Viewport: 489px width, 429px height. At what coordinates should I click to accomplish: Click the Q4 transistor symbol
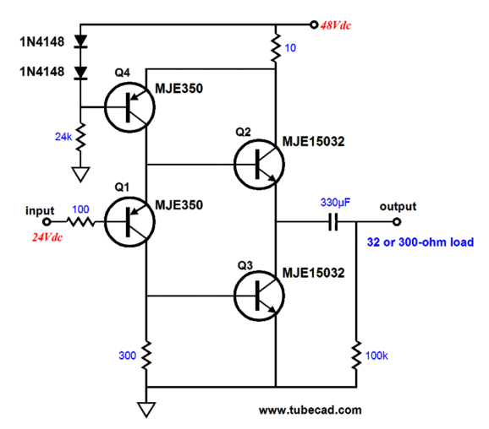(x=129, y=107)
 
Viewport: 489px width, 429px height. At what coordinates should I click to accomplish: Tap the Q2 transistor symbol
(x=259, y=165)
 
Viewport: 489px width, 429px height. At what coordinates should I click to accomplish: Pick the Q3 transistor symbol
(x=259, y=296)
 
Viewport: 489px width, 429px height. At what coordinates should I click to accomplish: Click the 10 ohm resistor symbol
(x=275, y=47)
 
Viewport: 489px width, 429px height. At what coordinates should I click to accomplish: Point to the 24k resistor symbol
(x=80, y=137)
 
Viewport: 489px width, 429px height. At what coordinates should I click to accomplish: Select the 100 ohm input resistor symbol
(x=80, y=222)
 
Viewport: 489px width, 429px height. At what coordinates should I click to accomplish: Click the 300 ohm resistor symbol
(x=146, y=356)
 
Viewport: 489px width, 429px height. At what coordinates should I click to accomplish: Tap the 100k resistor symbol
(x=356, y=356)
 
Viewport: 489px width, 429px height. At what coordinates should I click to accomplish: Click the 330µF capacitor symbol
(x=333, y=222)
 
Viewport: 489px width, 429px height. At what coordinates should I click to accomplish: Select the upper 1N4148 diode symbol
(x=80, y=41)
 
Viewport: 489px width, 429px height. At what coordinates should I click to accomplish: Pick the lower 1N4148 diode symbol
(x=80, y=73)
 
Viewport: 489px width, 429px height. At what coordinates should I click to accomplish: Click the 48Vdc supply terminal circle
(x=314, y=24)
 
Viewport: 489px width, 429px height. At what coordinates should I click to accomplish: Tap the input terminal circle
(x=47, y=222)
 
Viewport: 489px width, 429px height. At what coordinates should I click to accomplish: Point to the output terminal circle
(x=397, y=222)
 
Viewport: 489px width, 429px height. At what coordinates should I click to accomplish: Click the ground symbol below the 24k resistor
(x=80, y=174)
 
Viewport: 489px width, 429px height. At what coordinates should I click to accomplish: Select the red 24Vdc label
(x=47, y=237)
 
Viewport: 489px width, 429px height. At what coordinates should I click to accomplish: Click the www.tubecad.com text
(x=310, y=410)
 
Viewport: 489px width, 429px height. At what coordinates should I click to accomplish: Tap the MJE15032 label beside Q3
(x=313, y=273)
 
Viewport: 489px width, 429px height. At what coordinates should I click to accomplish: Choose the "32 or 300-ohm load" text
(x=420, y=242)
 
